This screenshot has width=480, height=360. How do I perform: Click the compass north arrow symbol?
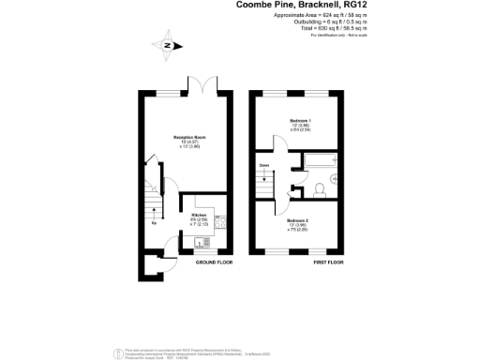click(x=167, y=44)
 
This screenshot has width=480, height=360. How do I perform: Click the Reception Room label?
click(x=189, y=138)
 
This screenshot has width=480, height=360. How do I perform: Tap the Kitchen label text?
click(x=199, y=215)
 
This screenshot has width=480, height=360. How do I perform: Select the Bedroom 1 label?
click(x=297, y=123)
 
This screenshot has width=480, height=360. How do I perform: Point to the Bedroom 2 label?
click(x=299, y=220)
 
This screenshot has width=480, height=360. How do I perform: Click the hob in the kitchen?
click(x=221, y=222)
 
